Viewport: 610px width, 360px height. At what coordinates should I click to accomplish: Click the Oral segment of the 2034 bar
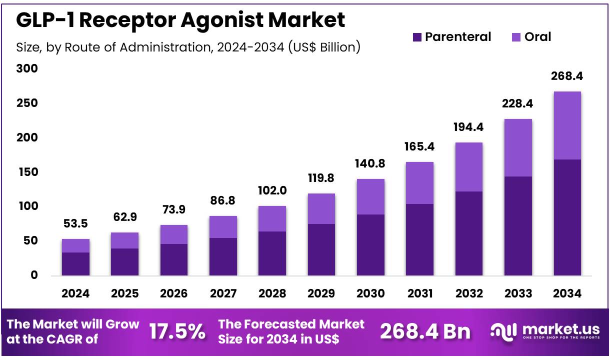coord(567,125)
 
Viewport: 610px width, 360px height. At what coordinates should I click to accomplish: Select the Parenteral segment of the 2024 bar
coord(75,264)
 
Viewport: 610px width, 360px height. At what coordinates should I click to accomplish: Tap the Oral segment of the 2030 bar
coord(370,196)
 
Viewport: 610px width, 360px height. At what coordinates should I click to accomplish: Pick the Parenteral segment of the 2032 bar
coord(468,233)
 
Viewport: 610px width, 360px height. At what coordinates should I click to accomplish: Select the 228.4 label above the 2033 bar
coord(517,103)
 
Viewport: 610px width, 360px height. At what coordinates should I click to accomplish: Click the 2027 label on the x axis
coord(223,293)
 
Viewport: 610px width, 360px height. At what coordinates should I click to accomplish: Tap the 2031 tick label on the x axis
coord(419,293)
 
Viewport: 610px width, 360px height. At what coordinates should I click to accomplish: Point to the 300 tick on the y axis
coord(27,68)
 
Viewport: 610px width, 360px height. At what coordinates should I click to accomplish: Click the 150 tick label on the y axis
coord(27,172)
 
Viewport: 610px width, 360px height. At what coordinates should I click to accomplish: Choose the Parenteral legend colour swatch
coord(417,37)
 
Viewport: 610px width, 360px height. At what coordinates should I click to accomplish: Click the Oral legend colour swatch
coord(516,37)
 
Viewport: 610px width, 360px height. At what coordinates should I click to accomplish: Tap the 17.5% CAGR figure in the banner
coord(177,331)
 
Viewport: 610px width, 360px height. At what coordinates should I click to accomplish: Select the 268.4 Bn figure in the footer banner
coord(425,331)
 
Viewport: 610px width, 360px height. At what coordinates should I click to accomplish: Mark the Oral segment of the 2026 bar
coord(174,234)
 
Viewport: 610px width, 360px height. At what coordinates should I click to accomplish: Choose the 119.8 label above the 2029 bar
coord(321,178)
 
